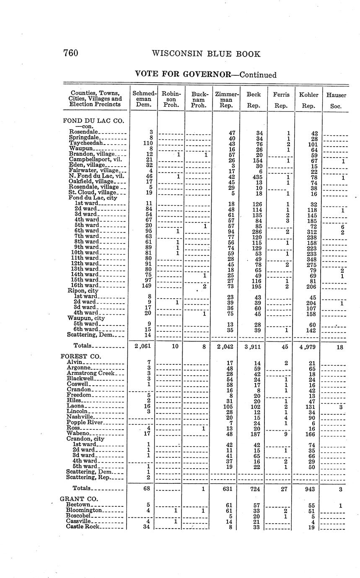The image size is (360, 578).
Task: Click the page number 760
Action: tap(70, 53)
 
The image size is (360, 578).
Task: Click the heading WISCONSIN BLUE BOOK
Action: tap(206, 54)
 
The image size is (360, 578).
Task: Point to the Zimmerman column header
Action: tap(226, 100)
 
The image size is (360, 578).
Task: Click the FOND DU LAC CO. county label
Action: tap(93, 121)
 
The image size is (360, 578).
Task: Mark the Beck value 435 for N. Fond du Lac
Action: tap(254, 177)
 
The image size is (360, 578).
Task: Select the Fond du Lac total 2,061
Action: tap(142, 346)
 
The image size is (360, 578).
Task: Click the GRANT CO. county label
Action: tap(79, 499)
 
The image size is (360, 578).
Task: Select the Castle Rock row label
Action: tap(83, 526)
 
